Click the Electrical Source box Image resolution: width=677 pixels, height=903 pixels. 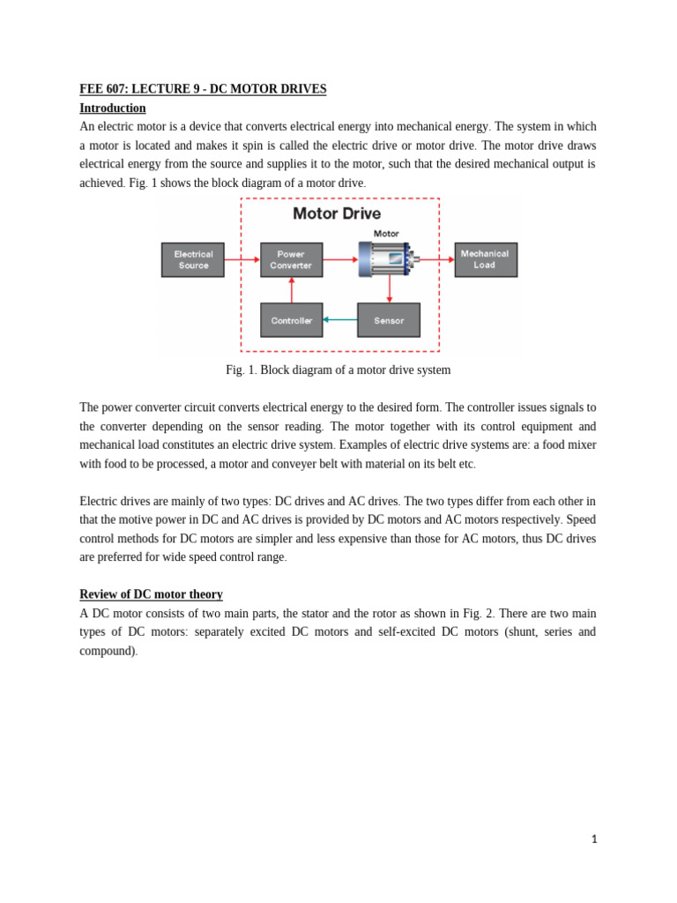193,260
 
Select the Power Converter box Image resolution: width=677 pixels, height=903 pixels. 291,260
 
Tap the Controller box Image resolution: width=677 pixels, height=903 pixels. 291,320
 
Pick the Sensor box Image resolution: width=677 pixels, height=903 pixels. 388,320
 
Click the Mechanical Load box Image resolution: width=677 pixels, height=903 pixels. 485,260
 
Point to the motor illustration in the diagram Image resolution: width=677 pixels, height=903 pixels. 386,258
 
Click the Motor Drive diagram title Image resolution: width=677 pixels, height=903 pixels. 337,213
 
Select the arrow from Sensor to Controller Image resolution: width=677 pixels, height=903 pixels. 339,320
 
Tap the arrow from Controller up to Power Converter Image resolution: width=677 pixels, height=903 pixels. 292,290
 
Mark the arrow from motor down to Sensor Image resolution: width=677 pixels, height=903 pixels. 389,289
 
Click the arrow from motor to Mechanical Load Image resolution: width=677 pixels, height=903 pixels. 437,260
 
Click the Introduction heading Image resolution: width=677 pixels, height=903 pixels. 113,108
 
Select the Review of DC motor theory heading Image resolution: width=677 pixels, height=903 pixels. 151,594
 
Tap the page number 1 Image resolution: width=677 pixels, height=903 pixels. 594,840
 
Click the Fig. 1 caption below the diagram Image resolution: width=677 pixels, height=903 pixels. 338,370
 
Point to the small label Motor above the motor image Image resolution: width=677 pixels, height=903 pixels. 386,234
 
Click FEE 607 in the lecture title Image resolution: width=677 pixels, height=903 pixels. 102,89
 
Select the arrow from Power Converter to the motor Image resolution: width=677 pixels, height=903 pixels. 340,260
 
